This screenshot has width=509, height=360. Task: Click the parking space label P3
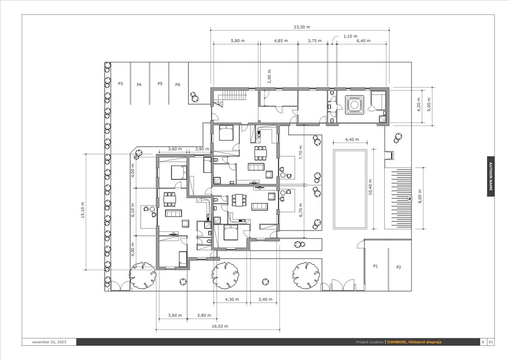point(120,84)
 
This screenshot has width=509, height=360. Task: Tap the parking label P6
point(178,84)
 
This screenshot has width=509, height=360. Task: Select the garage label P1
point(375,266)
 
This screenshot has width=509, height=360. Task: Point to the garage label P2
point(399,267)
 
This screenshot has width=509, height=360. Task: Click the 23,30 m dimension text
point(302,27)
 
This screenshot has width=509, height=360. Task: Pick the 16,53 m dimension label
point(220,326)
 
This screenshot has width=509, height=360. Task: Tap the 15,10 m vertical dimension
point(82,210)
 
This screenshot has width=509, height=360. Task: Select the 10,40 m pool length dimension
point(370,187)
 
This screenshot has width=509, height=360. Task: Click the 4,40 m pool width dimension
point(352,139)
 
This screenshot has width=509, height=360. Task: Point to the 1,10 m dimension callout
point(350,36)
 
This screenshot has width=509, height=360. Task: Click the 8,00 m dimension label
point(420,196)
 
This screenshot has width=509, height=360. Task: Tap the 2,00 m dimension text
point(269,76)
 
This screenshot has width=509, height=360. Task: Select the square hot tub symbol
point(354,104)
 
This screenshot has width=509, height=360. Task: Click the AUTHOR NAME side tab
point(491,176)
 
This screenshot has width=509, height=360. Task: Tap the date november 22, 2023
point(49,342)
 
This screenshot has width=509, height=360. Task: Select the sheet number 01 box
point(491,342)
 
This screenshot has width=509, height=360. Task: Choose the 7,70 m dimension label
point(301,152)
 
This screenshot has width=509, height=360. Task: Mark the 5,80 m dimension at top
point(238,41)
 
